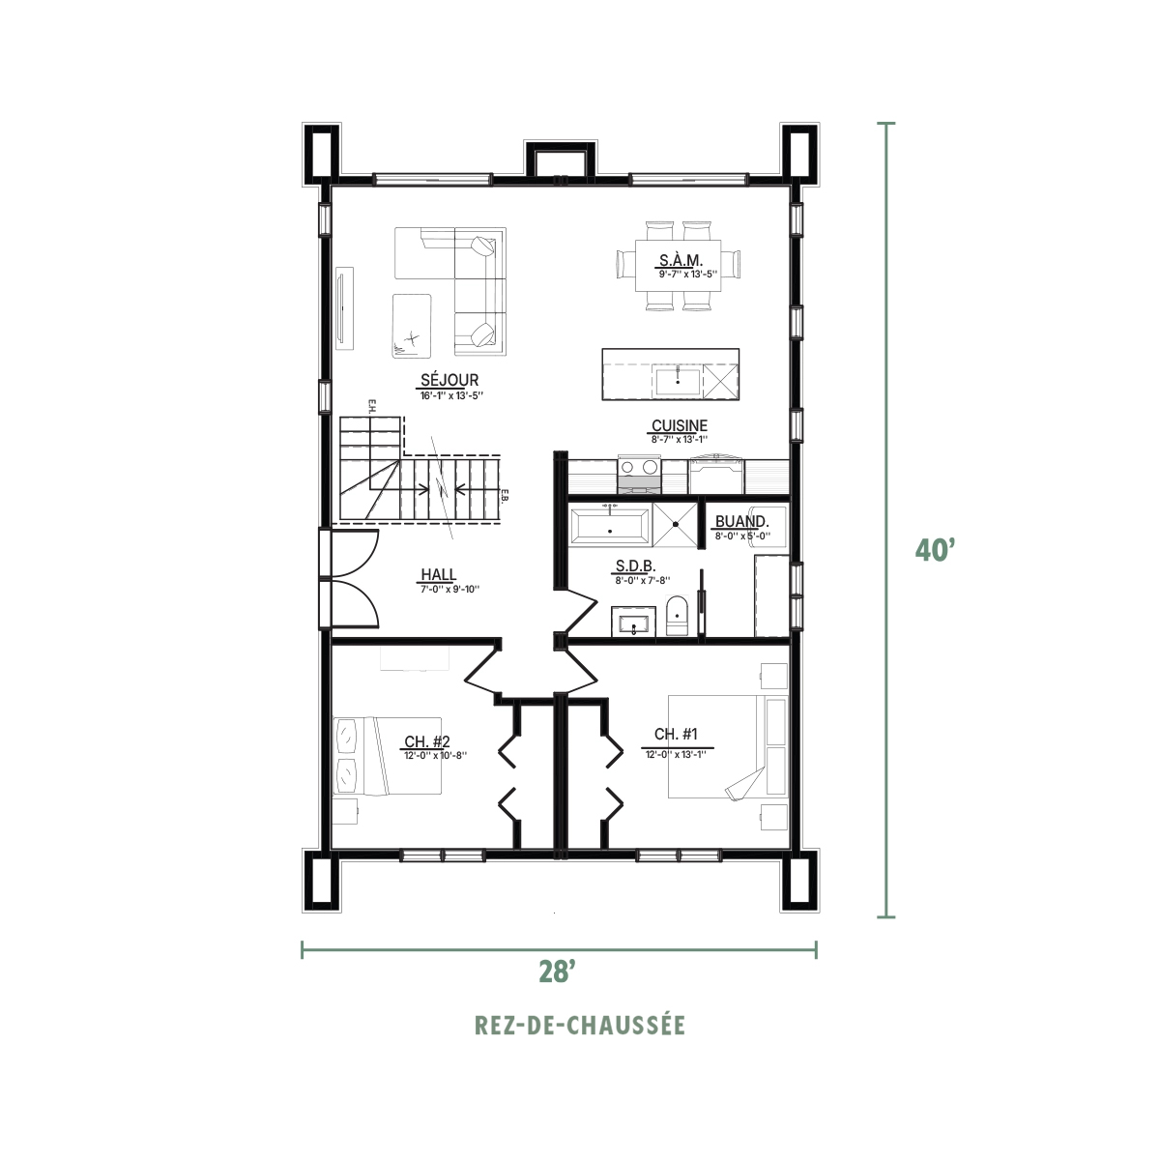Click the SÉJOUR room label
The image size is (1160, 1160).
click(449, 381)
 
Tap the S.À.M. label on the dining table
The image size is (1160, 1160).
click(681, 261)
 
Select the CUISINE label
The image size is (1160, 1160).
click(680, 425)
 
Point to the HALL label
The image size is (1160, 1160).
click(438, 574)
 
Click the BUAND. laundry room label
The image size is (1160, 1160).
click(741, 521)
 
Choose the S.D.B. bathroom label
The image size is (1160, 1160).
click(635, 565)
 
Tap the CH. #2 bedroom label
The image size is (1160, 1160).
click(427, 741)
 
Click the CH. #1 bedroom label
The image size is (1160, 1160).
click(676, 734)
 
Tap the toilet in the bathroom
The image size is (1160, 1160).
click(679, 616)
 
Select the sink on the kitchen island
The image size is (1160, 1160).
click(678, 382)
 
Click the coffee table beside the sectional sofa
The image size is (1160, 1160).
click(413, 326)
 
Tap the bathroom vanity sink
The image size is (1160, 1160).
click(634, 622)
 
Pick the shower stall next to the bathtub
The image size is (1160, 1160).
click(675, 524)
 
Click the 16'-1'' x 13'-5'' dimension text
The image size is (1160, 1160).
click(451, 396)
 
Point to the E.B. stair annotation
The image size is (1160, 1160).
click(507, 495)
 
